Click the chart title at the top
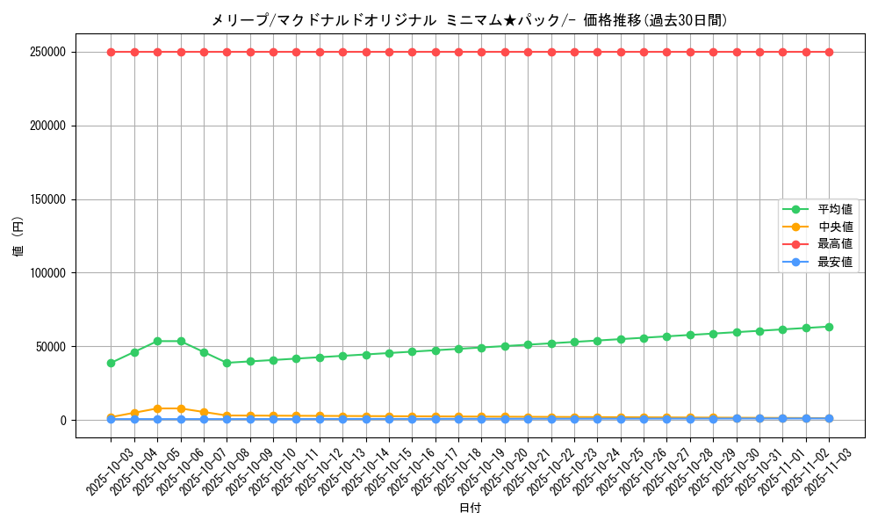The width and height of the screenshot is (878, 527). [469, 20]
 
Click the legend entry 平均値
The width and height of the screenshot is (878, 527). [834, 209]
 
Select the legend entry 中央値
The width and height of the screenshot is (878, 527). [834, 227]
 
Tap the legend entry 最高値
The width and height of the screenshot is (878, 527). [834, 244]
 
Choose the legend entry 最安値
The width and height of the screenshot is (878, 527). [834, 262]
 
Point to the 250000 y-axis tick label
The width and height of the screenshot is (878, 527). [48, 52]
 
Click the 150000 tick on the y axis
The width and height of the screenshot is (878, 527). [48, 199]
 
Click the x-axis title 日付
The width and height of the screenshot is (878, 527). [470, 508]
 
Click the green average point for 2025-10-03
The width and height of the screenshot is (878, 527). [111, 363]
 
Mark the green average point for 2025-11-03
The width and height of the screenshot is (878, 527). [829, 327]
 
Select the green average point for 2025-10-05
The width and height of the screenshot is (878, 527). [157, 341]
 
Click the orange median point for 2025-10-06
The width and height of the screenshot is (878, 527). [181, 408]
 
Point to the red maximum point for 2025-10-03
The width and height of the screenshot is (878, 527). [111, 52]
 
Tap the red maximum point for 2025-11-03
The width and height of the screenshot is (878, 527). [829, 52]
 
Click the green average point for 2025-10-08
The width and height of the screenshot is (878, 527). [227, 363]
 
